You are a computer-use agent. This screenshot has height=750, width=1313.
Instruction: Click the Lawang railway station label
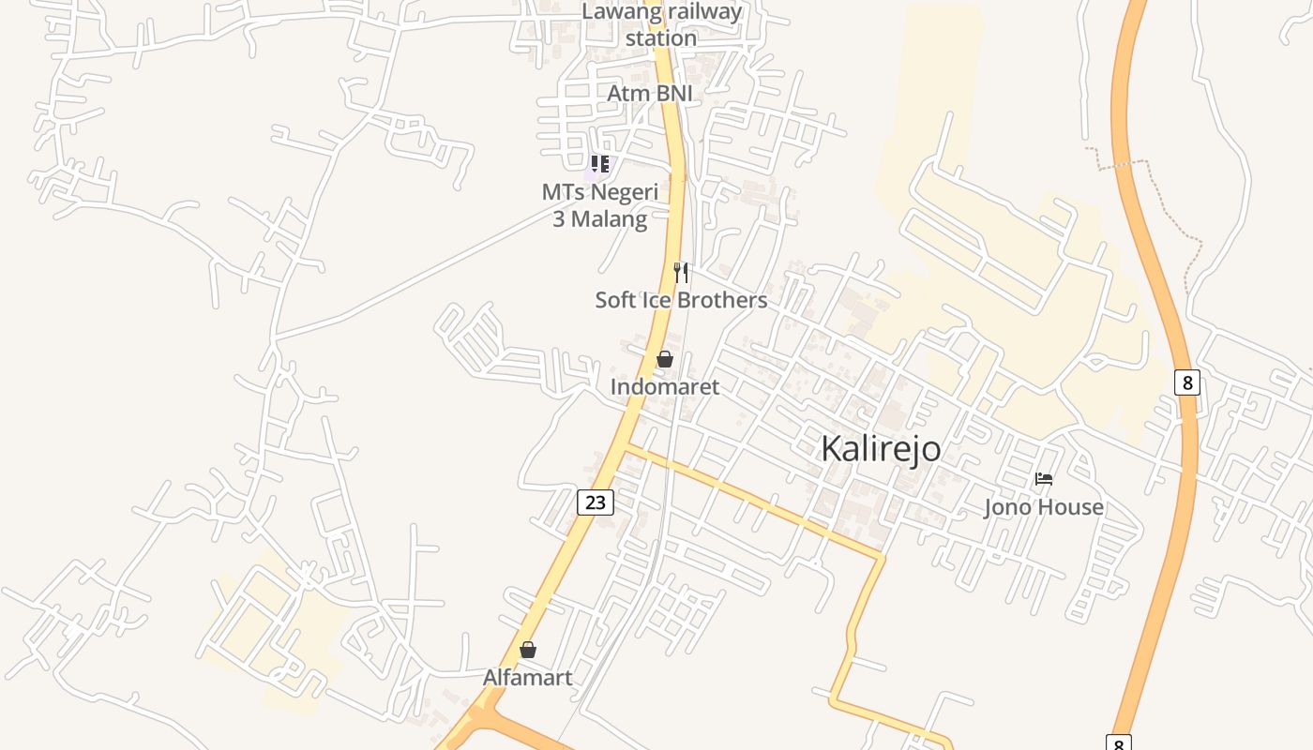pos(661,25)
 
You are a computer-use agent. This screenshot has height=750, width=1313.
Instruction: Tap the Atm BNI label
pos(649,94)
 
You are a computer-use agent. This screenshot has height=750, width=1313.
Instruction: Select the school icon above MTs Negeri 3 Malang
pos(599,165)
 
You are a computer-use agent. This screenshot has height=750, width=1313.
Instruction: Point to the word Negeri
pos(620,192)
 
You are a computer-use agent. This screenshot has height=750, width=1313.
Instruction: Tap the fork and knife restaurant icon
pos(681,273)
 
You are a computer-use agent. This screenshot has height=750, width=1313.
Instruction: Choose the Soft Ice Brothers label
pos(681,300)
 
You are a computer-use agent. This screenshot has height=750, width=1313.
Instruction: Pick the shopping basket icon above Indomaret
pos(665,359)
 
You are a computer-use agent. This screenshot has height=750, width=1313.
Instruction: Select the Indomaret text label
pos(665,386)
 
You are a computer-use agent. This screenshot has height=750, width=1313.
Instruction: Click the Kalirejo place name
pos(881,448)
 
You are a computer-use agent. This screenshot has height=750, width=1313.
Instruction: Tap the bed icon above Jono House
pos(1043,479)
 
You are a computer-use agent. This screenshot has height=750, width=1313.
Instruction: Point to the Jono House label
pos(1043,507)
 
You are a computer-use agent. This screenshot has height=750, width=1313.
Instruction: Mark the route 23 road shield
pos(595,502)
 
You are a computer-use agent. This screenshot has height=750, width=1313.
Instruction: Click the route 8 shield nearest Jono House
pos(1186,382)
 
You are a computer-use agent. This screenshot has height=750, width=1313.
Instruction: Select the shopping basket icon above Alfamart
pos(528,650)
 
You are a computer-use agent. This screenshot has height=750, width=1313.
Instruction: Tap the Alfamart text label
pos(527,677)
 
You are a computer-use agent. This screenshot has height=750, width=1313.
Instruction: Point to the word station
pos(661,38)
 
